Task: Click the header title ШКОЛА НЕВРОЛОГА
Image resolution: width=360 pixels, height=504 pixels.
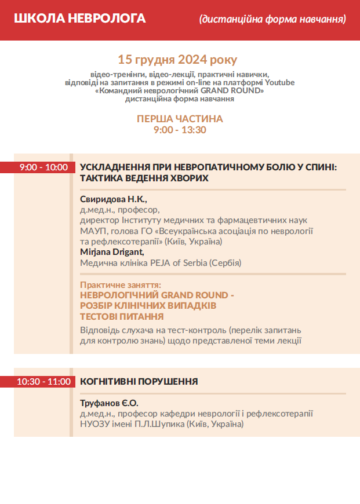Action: coord(80,19)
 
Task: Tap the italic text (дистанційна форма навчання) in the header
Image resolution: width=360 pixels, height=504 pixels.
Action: coord(272,19)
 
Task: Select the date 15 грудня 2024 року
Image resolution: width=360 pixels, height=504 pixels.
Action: coord(177,60)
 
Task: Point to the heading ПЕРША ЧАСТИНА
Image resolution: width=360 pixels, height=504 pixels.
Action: coord(180,119)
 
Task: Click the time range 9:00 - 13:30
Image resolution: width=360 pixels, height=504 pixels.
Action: coord(180,130)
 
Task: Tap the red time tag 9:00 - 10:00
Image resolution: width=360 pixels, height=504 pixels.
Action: coord(43,167)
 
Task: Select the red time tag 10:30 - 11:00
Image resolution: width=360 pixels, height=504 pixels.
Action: coord(43,382)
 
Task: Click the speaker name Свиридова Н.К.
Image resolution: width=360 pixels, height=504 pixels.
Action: coord(114,199)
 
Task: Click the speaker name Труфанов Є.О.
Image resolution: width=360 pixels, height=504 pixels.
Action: coord(110,403)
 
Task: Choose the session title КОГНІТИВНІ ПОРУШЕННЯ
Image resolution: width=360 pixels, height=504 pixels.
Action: coord(139,382)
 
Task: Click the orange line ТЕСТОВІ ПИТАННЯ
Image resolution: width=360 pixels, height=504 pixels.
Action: coord(122,317)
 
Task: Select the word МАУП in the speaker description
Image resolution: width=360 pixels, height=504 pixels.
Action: coord(90,231)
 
